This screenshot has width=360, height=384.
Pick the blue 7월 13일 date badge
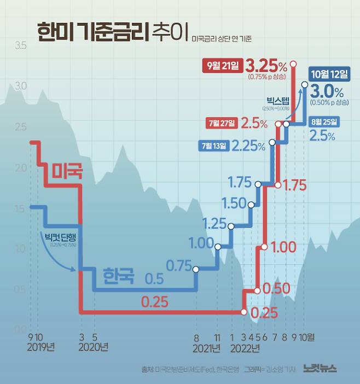[213, 146]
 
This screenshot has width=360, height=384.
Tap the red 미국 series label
[67, 171]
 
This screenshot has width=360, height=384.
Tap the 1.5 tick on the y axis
[21, 209]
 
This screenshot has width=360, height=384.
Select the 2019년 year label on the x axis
[41, 346]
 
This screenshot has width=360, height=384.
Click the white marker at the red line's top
[293, 63]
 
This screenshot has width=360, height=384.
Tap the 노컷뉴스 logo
[320, 369]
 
